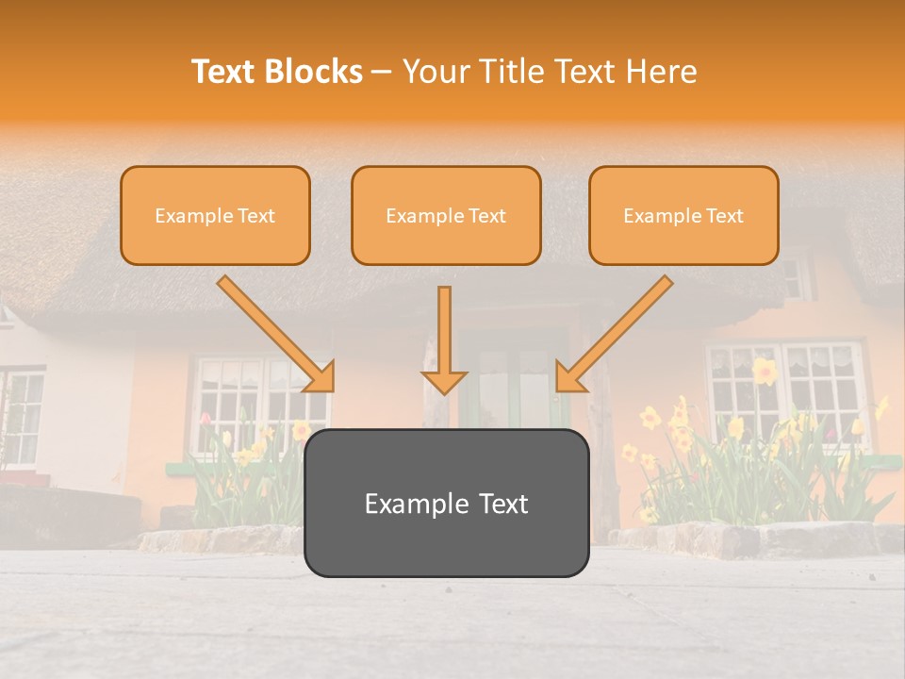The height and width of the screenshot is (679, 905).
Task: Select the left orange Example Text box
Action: pyautogui.click(x=215, y=215)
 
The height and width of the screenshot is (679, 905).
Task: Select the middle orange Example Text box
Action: pyautogui.click(x=446, y=215)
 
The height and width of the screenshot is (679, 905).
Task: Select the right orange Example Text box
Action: pyautogui.click(x=683, y=215)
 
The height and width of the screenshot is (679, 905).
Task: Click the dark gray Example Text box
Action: pyautogui.click(x=446, y=503)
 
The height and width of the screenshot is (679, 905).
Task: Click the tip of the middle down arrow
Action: pyautogui.click(x=444, y=389)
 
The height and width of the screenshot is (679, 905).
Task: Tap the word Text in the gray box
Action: pyautogui.click(x=500, y=504)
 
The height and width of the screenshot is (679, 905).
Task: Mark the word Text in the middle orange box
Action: pyautogui.click(x=487, y=216)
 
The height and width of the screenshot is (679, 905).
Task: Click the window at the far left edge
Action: pyautogui.click(x=21, y=415)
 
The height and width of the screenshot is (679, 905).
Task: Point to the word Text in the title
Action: pyautogui.click(x=224, y=72)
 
